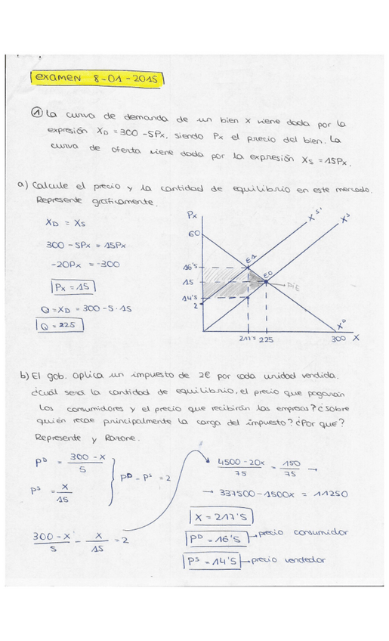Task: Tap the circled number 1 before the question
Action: pos(37,113)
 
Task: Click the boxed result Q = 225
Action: pos(59,326)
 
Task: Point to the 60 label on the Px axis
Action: pos(193,234)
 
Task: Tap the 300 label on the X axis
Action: pos(339,339)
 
